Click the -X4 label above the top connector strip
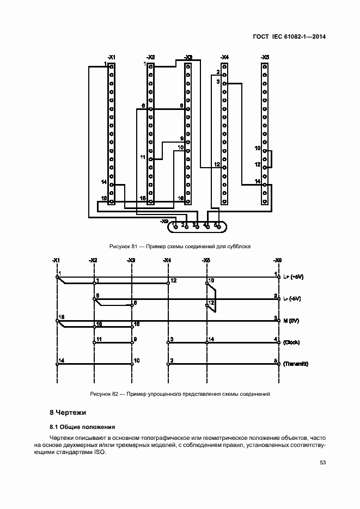pyautogui.click(x=224, y=57)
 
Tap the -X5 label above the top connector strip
pyautogui.click(x=265, y=57)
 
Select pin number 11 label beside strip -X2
pyautogui.click(x=143, y=157)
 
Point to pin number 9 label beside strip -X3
pyautogui.click(x=182, y=138)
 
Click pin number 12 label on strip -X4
pyautogui.click(x=217, y=164)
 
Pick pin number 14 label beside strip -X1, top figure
pyautogui.click(x=103, y=181)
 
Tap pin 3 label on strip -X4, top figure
pyautogui.click(x=217, y=82)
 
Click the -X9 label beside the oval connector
pyautogui.click(x=164, y=221)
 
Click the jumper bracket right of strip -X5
pyautogui.click(x=271, y=160)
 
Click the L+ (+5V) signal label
pyautogui.click(x=294, y=277)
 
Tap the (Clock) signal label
pyautogui.click(x=292, y=342)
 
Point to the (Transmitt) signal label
pyautogui.click(x=296, y=364)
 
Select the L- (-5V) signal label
pyautogui.click(x=293, y=298)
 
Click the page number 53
pyautogui.click(x=322, y=463)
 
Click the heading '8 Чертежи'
pyautogui.click(x=68, y=412)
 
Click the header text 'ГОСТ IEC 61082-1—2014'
pyautogui.click(x=292, y=37)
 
